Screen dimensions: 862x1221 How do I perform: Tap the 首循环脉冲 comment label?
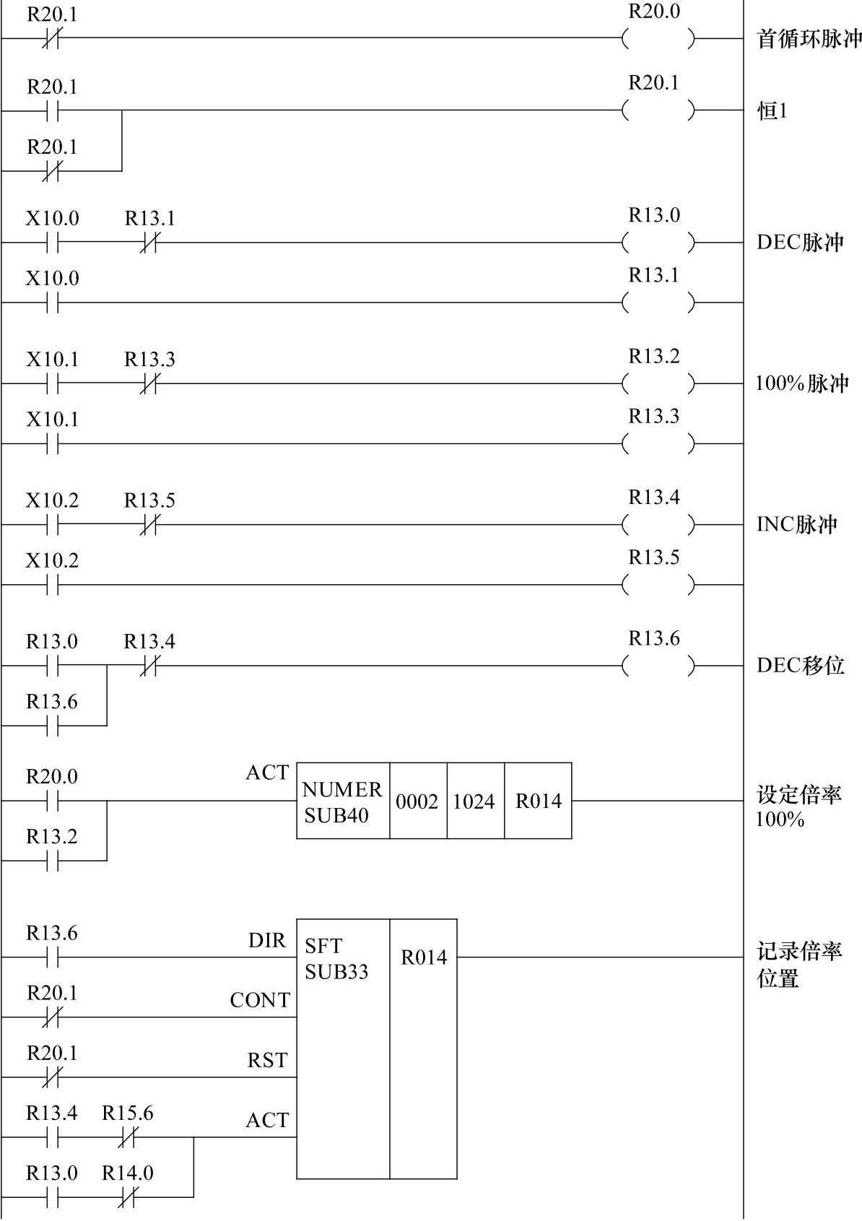(x=809, y=38)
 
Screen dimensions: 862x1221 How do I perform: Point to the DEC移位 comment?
(x=800, y=665)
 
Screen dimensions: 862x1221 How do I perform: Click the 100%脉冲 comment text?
(x=801, y=383)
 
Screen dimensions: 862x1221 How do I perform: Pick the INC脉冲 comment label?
(x=797, y=523)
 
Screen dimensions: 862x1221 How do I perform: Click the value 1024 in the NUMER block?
(x=474, y=801)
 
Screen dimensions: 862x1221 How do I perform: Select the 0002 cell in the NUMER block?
(x=417, y=801)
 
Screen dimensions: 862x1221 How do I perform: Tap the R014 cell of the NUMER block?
(x=538, y=801)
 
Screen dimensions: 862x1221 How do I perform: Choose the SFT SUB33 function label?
(x=336, y=959)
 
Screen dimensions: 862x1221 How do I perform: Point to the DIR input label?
(x=267, y=941)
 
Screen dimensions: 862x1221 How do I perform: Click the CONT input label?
(x=260, y=1001)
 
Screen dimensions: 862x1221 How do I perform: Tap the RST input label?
(x=267, y=1061)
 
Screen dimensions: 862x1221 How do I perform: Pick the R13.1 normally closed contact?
(x=149, y=243)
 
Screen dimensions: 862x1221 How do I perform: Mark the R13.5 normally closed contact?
(x=149, y=525)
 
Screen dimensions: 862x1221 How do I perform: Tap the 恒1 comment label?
(x=772, y=111)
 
